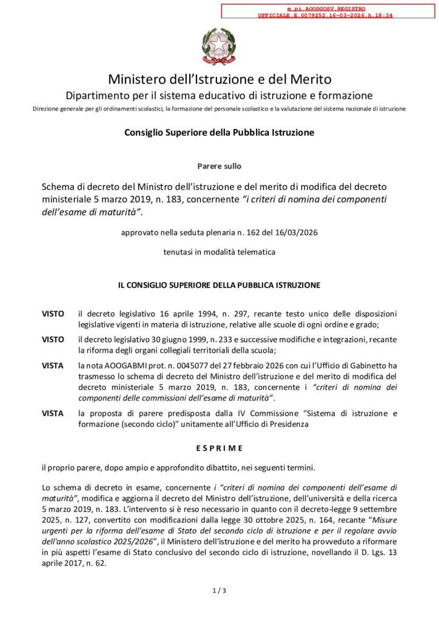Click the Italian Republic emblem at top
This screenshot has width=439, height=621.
pyautogui.click(x=219, y=45)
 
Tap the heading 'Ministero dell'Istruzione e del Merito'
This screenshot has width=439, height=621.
pyautogui.click(x=219, y=79)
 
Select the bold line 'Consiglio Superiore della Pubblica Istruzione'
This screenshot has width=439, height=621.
pyautogui.click(x=219, y=132)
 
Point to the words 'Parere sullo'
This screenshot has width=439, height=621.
pyautogui.click(x=219, y=166)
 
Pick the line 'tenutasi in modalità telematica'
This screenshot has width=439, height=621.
pyautogui.click(x=219, y=252)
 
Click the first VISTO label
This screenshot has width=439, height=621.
pyautogui.click(x=53, y=314)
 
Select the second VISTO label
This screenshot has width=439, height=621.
pyautogui.click(x=53, y=340)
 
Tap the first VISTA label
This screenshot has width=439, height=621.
pyautogui.click(x=53, y=366)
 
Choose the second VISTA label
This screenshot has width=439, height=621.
pyautogui.click(x=53, y=414)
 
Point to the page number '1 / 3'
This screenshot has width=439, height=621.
pyautogui.click(x=219, y=589)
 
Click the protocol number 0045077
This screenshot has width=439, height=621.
pyautogui.click(x=173, y=366)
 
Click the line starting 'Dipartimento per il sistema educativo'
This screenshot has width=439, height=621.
pyautogui.click(x=219, y=96)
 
